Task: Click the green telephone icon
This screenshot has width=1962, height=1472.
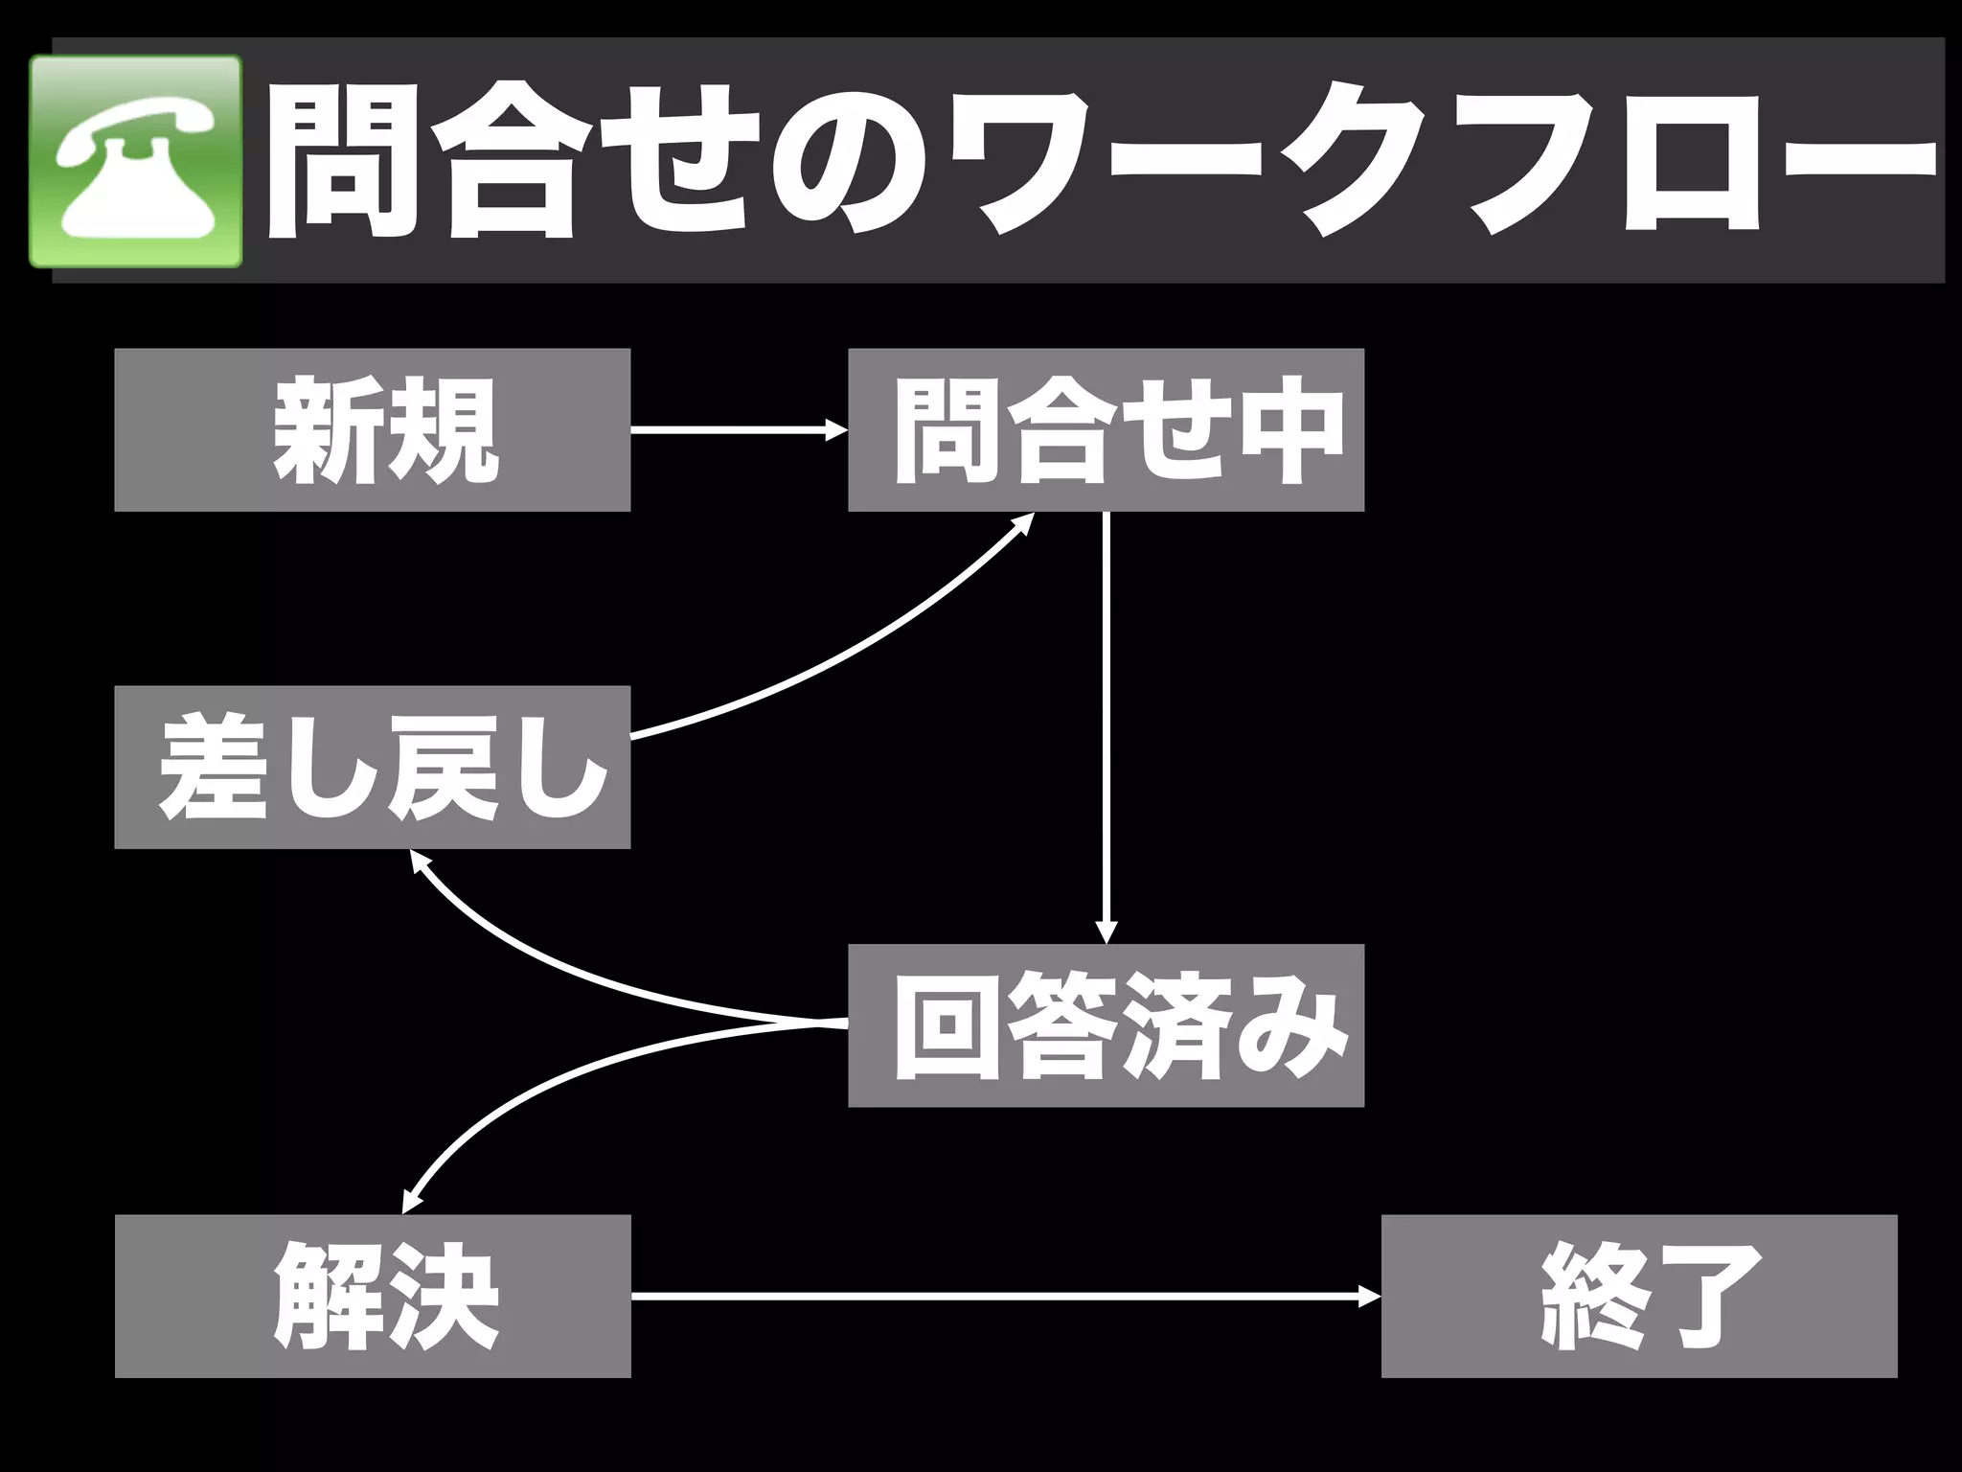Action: click(135, 161)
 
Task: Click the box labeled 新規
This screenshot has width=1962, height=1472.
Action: click(372, 429)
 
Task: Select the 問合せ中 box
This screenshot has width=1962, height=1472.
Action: click(1106, 429)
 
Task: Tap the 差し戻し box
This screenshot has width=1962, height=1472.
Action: click(372, 767)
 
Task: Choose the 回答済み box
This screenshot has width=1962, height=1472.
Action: click(1106, 1025)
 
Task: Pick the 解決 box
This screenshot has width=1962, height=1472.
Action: click(373, 1296)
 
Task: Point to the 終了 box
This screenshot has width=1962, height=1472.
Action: click(1638, 1296)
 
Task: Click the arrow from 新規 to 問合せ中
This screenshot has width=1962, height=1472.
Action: click(738, 430)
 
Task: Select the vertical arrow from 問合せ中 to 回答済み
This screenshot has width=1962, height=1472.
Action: click(1106, 728)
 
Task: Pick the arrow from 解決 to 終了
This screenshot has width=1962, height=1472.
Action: click(1006, 1297)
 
